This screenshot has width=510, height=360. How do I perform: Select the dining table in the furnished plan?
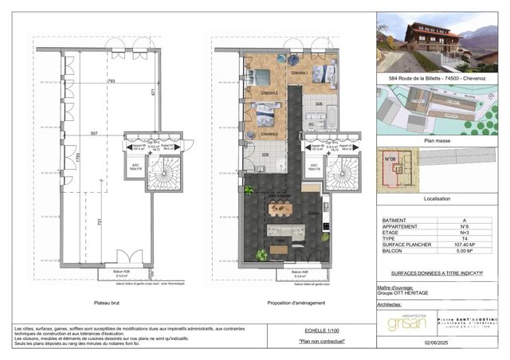(x=280, y=209)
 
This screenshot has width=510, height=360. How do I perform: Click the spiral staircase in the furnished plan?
(x=342, y=170)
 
